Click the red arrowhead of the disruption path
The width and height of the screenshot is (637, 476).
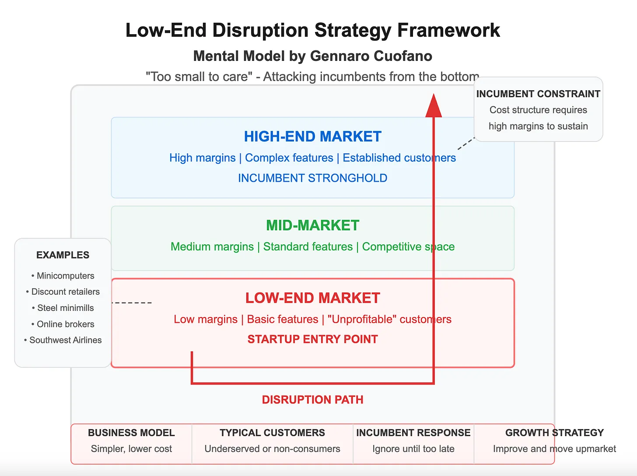434,106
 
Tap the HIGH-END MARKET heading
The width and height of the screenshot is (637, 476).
312,137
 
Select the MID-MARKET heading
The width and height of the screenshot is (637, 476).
312,226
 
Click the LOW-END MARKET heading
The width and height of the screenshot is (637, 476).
312,298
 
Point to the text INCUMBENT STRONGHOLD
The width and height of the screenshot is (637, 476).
312,178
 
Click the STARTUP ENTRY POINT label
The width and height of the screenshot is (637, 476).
312,339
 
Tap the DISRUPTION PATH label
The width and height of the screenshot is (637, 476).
312,400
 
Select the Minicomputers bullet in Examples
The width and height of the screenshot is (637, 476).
65,276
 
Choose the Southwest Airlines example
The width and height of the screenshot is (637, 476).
65,340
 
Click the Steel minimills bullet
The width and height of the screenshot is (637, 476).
65,308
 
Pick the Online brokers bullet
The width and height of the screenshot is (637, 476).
65,324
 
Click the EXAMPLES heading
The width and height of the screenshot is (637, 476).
63,255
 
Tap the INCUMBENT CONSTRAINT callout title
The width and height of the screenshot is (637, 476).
538,94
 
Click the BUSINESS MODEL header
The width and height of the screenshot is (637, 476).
131,433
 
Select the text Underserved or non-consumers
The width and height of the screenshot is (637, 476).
272,449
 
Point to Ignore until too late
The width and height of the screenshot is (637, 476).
413,449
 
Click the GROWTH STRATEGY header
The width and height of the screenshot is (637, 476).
554,433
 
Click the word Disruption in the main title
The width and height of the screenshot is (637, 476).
260,31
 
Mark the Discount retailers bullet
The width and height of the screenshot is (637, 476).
65,292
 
